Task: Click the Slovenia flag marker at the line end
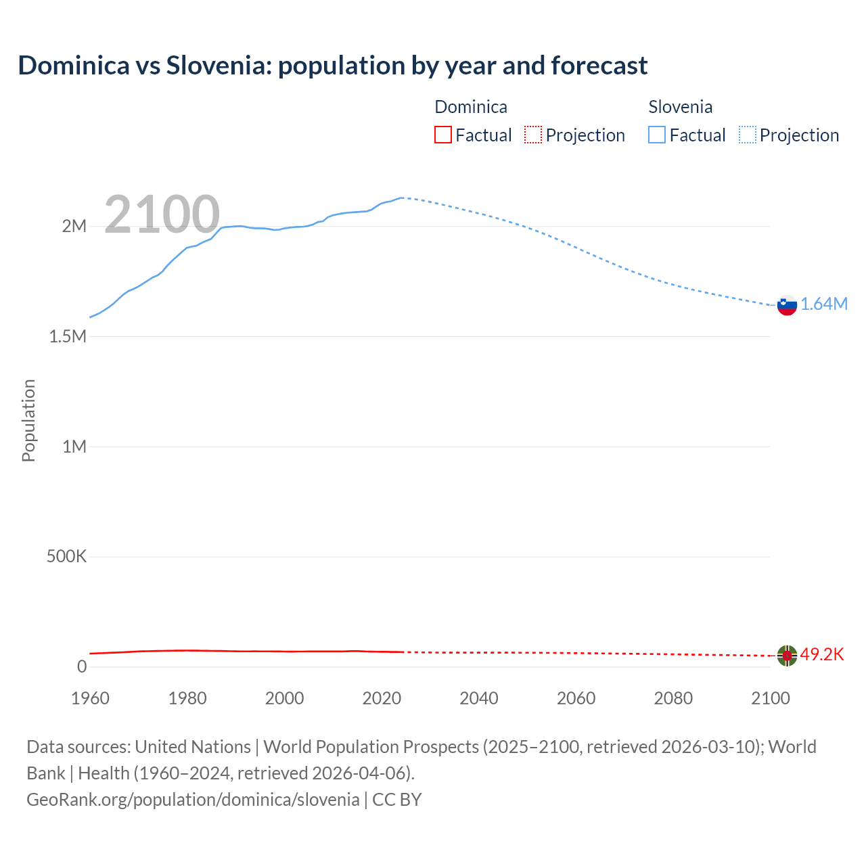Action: click(x=787, y=305)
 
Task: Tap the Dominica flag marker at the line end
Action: click(x=787, y=655)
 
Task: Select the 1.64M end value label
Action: click(x=824, y=304)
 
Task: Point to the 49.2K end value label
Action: click(x=822, y=654)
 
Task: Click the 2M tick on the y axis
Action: click(x=74, y=226)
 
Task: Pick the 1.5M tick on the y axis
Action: click(x=68, y=336)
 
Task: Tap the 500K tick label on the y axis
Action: click(x=66, y=556)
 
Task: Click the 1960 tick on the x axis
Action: click(x=90, y=698)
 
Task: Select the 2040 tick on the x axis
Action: click(x=479, y=698)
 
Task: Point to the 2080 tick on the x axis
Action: click(x=673, y=698)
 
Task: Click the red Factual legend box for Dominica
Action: click(x=443, y=135)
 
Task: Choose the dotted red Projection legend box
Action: click(x=533, y=135)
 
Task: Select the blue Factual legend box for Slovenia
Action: click(x=657, y=135)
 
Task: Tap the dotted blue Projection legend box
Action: click(x=748, y=135)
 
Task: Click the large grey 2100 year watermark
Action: click(x=162, y=214)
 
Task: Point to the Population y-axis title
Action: click(x=28, y=420)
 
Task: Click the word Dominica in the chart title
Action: click(x=74, y=66)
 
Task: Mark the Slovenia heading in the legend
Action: click(x=680, y=107)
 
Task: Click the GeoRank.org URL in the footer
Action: click(x=193, y=800)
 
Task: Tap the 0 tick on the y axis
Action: click(x=82, y=666)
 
